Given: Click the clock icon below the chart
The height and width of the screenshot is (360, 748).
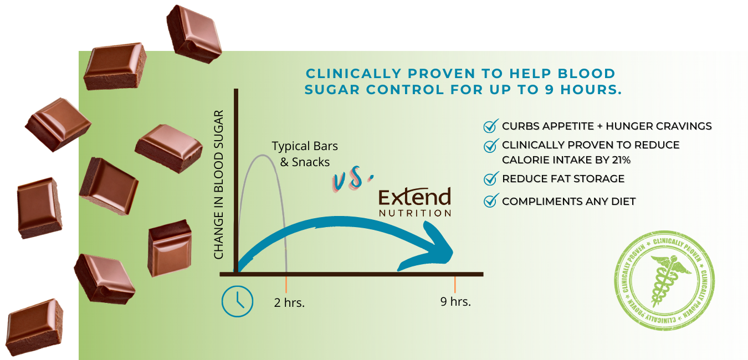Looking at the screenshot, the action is [238, 301].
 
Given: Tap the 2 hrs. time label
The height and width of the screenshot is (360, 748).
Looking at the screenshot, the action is [289, 302].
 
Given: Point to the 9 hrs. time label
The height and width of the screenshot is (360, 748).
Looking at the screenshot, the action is [455, 301].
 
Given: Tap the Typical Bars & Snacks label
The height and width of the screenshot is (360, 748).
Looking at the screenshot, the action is [305, 154].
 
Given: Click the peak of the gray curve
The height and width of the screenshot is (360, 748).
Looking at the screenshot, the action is [263, 155].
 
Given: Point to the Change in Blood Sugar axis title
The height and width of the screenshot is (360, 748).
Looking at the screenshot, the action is [218, 184].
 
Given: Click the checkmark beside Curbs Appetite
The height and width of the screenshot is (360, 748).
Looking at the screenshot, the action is [491, 126].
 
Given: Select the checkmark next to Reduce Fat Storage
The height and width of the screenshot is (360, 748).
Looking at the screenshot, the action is [491, 178].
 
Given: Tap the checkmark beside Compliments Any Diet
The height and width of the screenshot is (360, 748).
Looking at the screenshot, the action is [491, 200].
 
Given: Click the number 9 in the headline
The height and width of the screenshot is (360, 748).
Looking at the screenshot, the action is [549, 89].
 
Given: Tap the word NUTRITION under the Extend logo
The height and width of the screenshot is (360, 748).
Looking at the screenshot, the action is [415, 213].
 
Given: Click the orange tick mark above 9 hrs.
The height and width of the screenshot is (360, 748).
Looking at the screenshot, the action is [455, 285].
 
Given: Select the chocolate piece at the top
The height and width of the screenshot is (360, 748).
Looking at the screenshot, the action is [194, 34].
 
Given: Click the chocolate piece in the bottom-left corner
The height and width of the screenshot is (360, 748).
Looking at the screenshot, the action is [35, 327].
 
